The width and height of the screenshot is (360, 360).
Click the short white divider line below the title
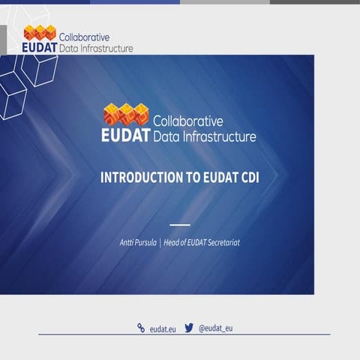click(x=180, y=224)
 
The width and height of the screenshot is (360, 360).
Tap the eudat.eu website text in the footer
click(x=163, y=328)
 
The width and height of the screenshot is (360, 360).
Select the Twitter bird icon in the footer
click(x=190, y=328)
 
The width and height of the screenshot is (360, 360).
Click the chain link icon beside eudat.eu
click(x=140, y=328)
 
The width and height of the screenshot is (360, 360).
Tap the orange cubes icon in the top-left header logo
click(x=40, y=32)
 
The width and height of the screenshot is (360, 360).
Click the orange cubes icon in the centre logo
click(x=127, y=114)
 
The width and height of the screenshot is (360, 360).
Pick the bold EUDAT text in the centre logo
click(x=126, y=136)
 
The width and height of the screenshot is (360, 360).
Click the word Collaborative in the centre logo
click(x=188, y=121)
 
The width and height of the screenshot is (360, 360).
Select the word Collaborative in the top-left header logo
click(x=84, y=36)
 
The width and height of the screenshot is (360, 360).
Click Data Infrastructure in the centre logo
click(x=204, y=136)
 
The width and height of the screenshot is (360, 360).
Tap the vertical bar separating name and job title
click(x=160, y=243)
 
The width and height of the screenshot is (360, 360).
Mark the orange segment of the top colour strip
click(x=45, y=2)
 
